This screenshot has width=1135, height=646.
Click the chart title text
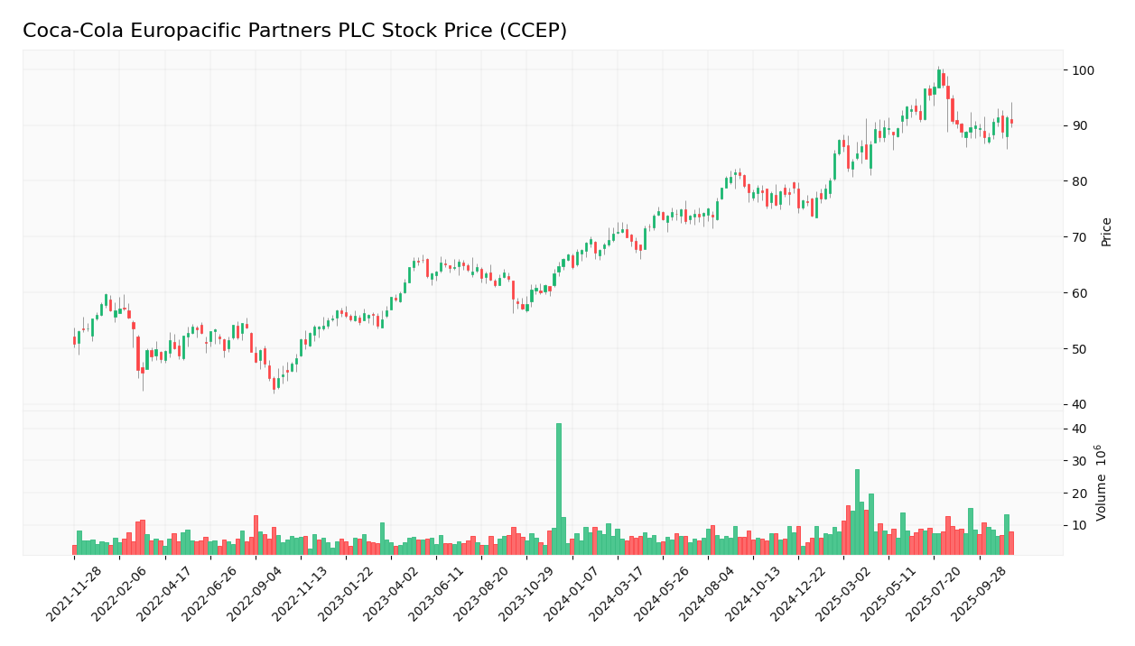294,32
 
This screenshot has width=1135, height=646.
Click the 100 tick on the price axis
1084,70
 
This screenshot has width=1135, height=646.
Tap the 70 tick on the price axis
1081,237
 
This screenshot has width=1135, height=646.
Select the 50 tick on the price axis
1081,349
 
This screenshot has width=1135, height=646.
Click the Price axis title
1106,231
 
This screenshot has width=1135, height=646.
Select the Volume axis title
1102,483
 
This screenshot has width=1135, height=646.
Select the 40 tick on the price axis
1081,404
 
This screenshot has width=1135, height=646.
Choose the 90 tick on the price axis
1081,125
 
